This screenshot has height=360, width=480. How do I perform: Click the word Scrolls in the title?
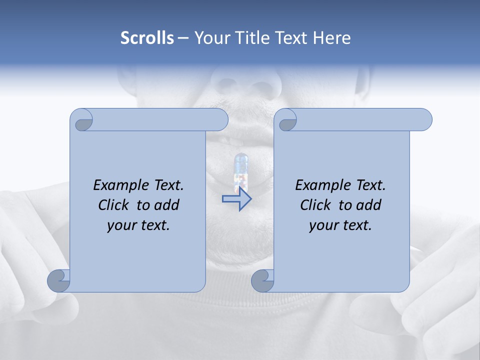click(x=147, y=37)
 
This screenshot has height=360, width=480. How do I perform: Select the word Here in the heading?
click(x=332, y=37)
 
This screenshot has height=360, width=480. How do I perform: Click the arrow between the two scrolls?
click(x=236, y=198)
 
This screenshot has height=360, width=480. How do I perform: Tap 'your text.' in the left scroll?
click(x=138, y=225)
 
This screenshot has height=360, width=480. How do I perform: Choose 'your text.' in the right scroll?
click(x=340, y=225)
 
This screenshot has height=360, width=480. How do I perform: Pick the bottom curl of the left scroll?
click(x=58, y=280)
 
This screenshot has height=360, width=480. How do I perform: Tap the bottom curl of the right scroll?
click(x=262, y=280)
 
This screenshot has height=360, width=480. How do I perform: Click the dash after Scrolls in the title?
click(x=183, y=38)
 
